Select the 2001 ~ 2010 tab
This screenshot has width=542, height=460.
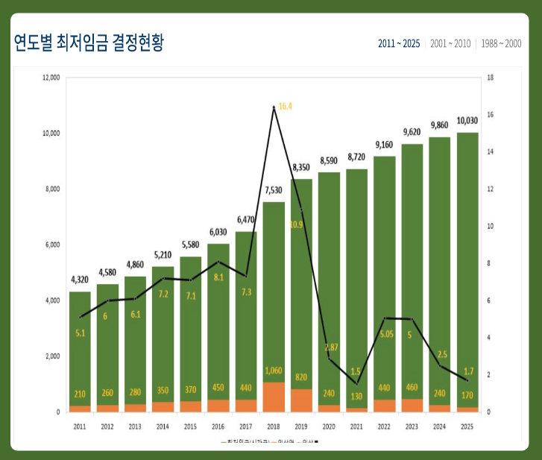tap(450, 44)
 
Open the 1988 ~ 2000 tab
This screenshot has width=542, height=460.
tap(501, 44)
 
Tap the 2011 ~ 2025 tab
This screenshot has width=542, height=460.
tap(399, 44)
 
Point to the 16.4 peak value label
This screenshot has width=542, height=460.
tap(285, 107)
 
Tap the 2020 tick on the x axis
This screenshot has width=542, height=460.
tap(329, 426)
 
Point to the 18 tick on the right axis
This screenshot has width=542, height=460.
tap(490, 78)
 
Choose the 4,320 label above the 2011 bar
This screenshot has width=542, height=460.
tap(80, 280)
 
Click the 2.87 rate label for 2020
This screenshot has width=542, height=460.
tap(331, 347)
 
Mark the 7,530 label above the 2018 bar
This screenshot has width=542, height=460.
tap(274, 191)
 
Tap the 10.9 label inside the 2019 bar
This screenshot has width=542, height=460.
tap(296, 224)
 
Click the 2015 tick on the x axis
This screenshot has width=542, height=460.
tap(190, 426)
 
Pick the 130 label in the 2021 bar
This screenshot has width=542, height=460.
tap(356, 396)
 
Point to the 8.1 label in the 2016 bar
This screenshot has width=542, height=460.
tap(218, 277)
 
